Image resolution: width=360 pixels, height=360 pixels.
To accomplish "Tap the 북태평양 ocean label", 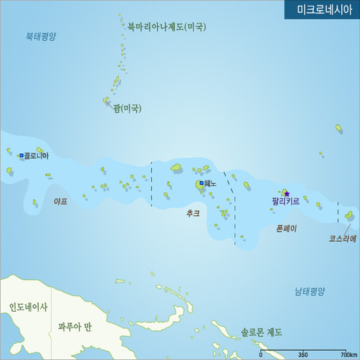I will pyautogui.click(x=41, y=36).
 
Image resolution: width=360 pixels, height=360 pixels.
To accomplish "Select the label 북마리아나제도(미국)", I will pyautogui.click(x=166, y=27).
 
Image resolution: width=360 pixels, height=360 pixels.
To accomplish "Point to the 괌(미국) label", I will pyautogui.click(x=127, y=108).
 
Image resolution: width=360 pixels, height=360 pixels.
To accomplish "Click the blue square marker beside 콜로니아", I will pyautogui.click(x=22, y=155).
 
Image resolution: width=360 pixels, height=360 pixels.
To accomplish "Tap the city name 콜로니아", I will pyautogui.click(x=36, y=156).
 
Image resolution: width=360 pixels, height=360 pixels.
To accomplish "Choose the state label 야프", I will pyautogui.click(x=61, y=201).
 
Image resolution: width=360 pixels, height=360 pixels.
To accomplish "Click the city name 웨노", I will pyautogui.click(x=210, y=183).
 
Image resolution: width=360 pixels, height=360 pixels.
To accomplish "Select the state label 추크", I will pyautogui.click(x=193, y=213).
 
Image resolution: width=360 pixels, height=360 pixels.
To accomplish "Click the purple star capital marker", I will pyautogui.click(x=286, y=193).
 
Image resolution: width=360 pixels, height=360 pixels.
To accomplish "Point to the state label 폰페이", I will pyautogui.click(x=286, y=228).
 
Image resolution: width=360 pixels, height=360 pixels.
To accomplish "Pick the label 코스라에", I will pyautogui.click(x=343, y=238).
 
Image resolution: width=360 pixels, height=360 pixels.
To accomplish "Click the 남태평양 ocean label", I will pyautogui.click(x=310, y=291).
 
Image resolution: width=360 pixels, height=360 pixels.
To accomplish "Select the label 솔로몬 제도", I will pyautogui.click(x=261, y=332).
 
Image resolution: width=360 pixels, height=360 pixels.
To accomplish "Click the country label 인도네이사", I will pyautogui.click(x=28, y=307).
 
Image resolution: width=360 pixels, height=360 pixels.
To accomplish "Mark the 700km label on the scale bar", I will pyautogui.click(x=349, y=354).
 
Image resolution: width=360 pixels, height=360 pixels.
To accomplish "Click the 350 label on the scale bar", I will pyautogui.click(x=303, y=354).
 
